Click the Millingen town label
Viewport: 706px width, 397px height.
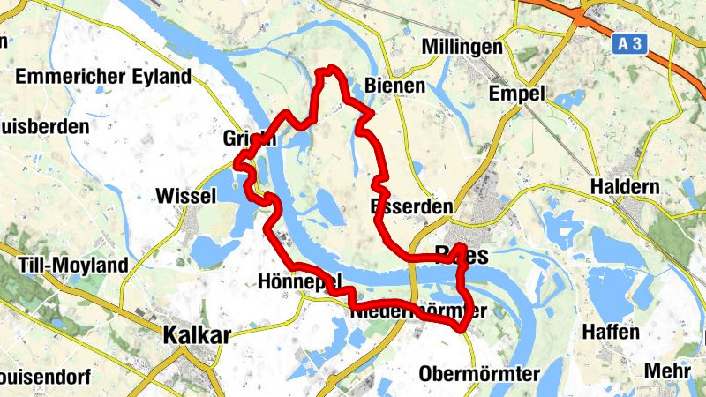pyautogui.click(x=462, y=46)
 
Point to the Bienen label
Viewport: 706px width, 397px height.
pyautogui.click(x=394, y=86)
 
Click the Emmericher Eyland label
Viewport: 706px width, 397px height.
pyautogui.click(x=103, y=77)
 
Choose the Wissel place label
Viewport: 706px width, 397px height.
pyautogui.click(x=184, y=196)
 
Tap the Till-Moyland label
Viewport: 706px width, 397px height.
pyautogui.click(x=72, y=265)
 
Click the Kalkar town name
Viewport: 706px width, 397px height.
pyautogui.click(x=197, y=334)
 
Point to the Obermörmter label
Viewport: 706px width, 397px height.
pyautogui.click(x=479, y=373)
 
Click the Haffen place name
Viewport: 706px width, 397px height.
pyautogui.click(x=611, y=333)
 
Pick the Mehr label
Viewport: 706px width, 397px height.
pyautogui.click(x=666, y=371)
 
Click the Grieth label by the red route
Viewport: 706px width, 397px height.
pyautogui.click(x=250, y=139)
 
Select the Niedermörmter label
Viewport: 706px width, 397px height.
pyautogui.click(x=418, y=311)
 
